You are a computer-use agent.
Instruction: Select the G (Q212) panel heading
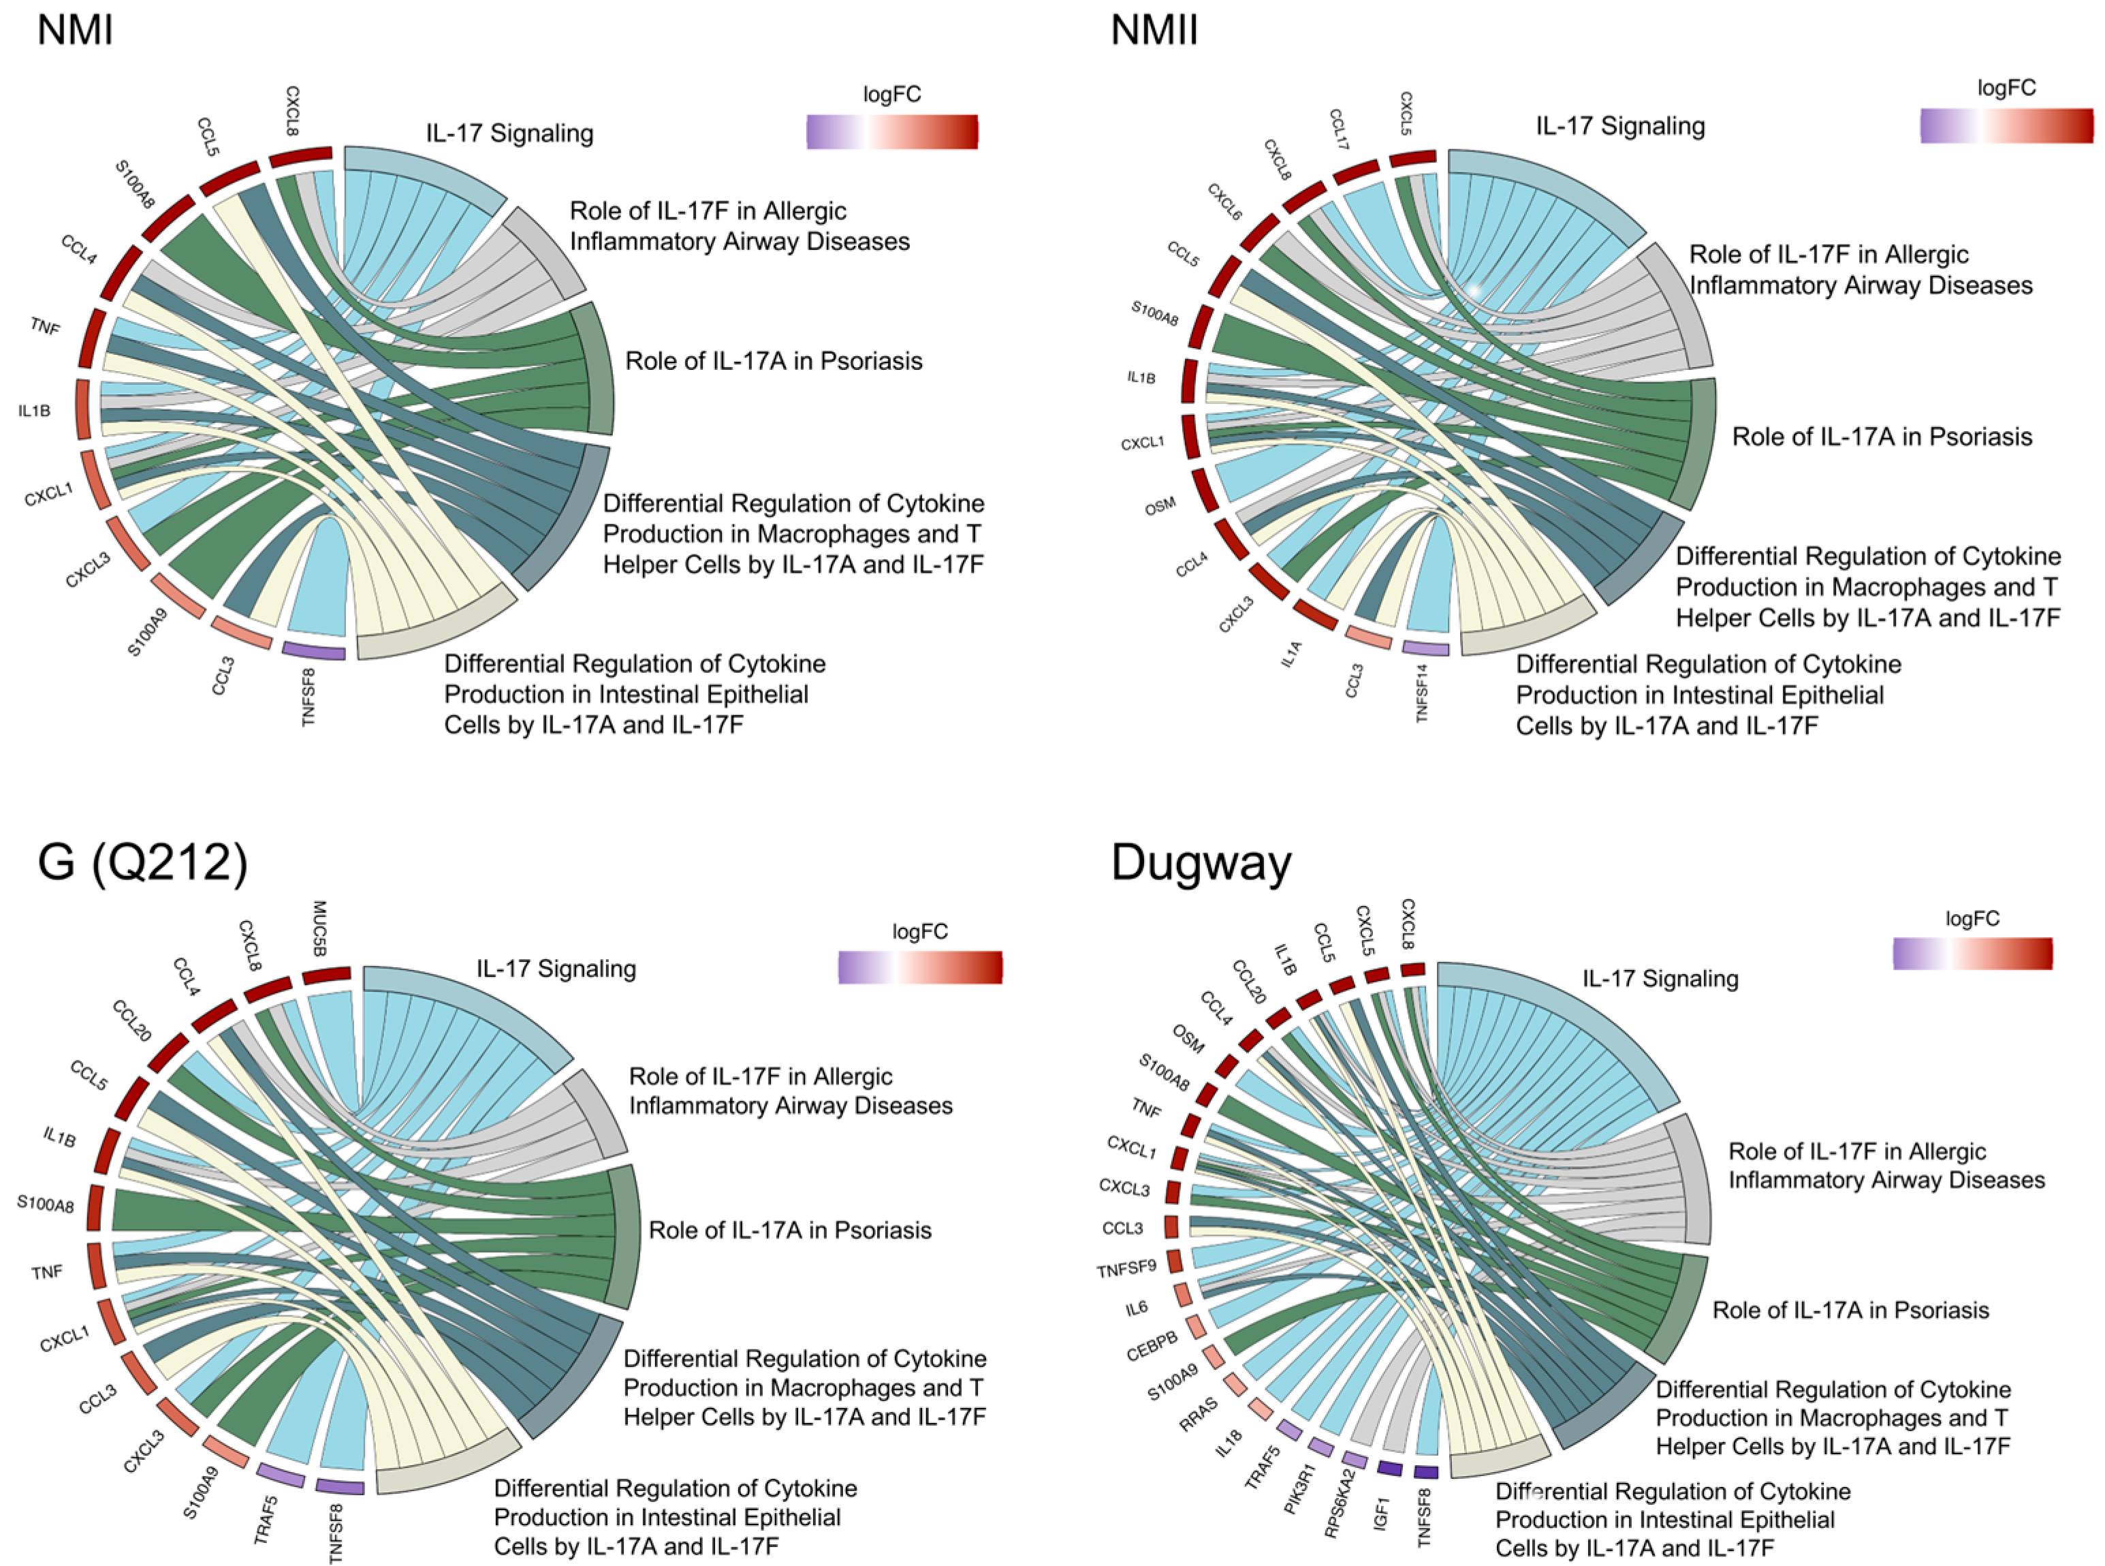point(142,862)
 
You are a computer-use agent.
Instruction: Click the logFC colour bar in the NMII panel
point(2006,125)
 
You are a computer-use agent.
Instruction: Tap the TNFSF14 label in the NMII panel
point(1422,693)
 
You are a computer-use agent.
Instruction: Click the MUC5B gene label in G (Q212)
point(319,928)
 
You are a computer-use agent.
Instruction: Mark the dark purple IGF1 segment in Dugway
point(1389,1469)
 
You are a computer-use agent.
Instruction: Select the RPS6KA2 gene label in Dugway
point(1340,1503)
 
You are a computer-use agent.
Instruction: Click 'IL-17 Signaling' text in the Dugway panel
point(1660,978)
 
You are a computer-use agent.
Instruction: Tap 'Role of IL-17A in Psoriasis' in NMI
point(774,361)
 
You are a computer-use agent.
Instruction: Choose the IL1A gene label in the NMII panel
point(1292,654)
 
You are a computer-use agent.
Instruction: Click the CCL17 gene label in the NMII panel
point(1338,130)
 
